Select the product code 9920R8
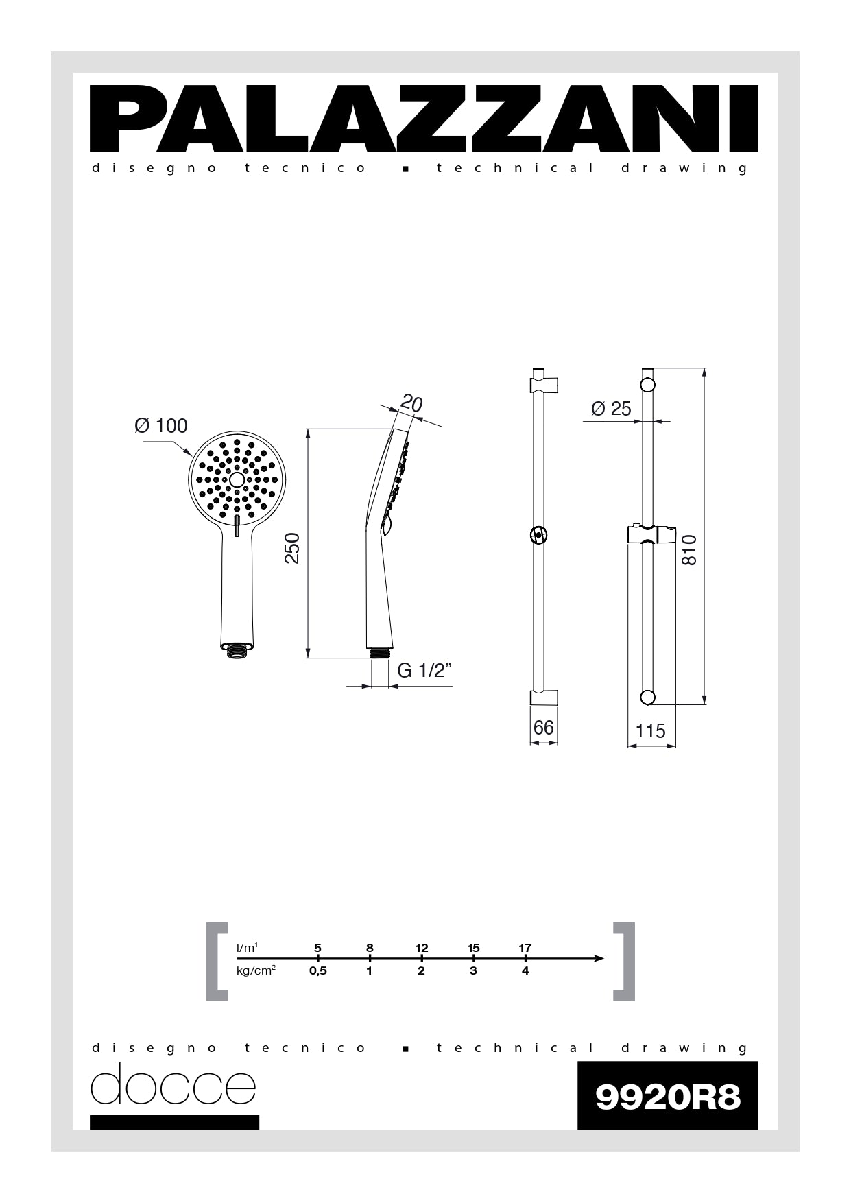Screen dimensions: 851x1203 pyautogui.click(x=668, y=1097)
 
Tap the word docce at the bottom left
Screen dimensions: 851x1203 pyautogui.click(x=173, y=1084)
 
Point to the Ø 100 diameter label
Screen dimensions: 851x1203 pyautogui.click(x=161, y=426)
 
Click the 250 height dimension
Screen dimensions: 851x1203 pyautogui.click(x=293, y=548)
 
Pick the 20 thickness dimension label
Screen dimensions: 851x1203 pyautogui.click(x=411, y=403)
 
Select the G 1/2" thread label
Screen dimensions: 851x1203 pyautogui.click(x=425, y=671)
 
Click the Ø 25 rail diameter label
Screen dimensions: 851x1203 pyautogui.click(x=611, y=409)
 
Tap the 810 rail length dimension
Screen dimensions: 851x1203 pyautogui.click(x=689, y=550)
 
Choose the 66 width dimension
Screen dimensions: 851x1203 pyautogui.click(x=543, y=727)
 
